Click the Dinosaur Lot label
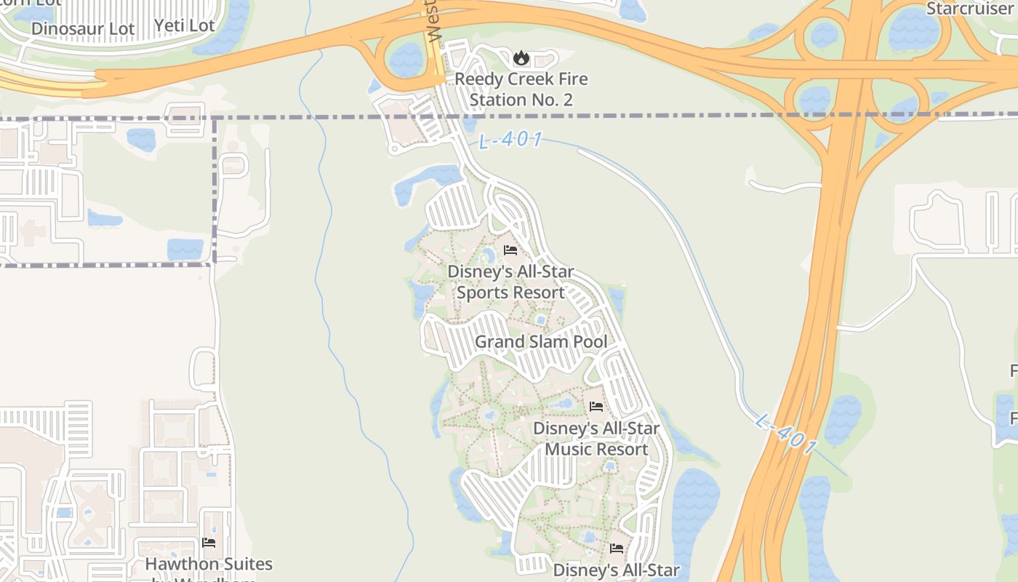coord(84,29)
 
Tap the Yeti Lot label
coord(184,26)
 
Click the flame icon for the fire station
coord(521,57)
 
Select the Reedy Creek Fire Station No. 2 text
coord(521,89)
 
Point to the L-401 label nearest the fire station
coord(511,140)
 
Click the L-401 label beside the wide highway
coord(785,434)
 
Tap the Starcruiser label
coord(971,9)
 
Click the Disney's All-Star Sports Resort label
coord(510,282)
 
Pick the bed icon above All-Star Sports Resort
coord(510,251)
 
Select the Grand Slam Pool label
coord(541,342)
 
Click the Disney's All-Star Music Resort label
coord(596,439)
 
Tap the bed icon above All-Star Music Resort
coord(596,407)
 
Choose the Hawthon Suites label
coord(209,565)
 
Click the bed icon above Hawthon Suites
coord(209,543)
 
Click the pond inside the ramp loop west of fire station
coord(406,59)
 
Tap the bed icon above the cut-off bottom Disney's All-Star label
coord(617,548)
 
